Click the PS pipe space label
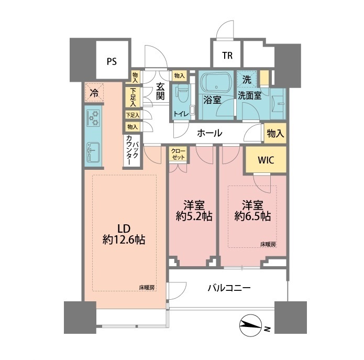[112, 61]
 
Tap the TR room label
[227, 56]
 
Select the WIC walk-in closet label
[266, 160]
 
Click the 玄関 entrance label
[160, 91]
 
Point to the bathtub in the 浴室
[216, 83]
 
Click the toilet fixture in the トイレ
[182, 94]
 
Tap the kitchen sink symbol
[93, 152]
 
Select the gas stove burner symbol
[93, 118]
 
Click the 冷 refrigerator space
[94, 92]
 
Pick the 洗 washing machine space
[247, 80]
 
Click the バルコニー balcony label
[229, 288]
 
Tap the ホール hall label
[209, 133]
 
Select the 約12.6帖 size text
[124, 239]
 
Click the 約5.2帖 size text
[194, 216]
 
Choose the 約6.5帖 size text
[252, 216]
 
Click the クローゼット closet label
[178, 154]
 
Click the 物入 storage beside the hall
[275, 134]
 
